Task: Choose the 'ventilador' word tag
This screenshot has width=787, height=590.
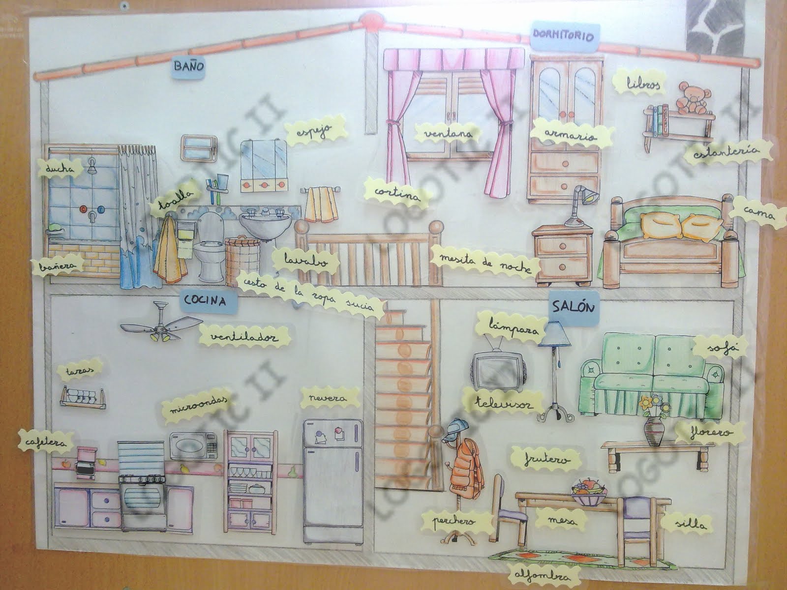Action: pyautogui.click(x=243, y=337)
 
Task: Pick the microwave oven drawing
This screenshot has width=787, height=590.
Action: pyautogui.click(x=193, y=447)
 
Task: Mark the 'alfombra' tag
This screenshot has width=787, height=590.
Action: pyautogui.click(x=539, y=576)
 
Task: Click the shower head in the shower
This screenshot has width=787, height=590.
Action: pyautogui.click(x=92, y=166)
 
